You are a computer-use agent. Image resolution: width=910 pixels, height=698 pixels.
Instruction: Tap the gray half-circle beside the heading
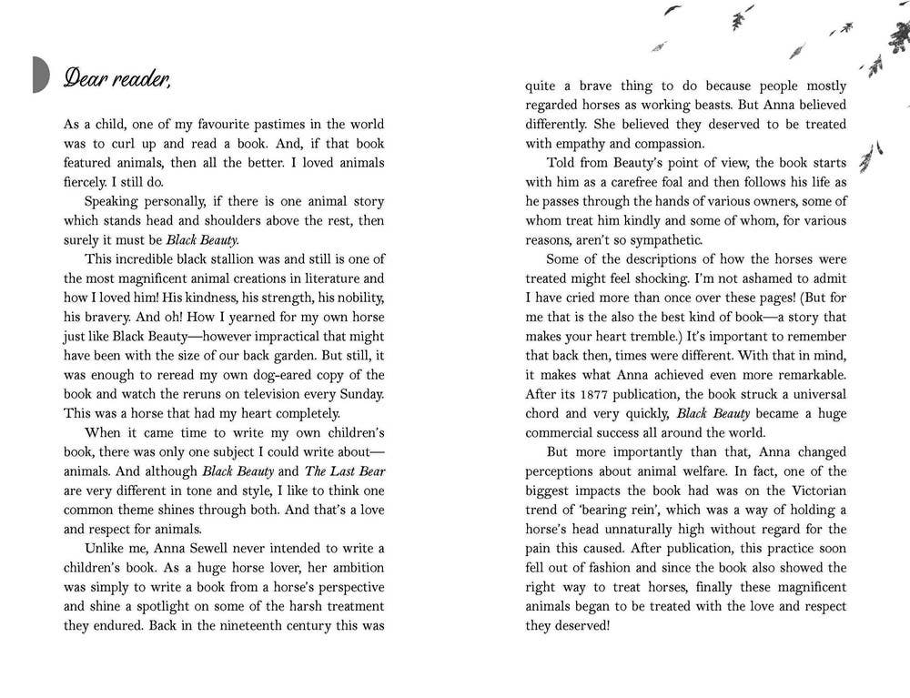(x=40, y=74)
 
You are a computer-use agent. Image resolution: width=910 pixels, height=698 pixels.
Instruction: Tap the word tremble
(x=674, y=336)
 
